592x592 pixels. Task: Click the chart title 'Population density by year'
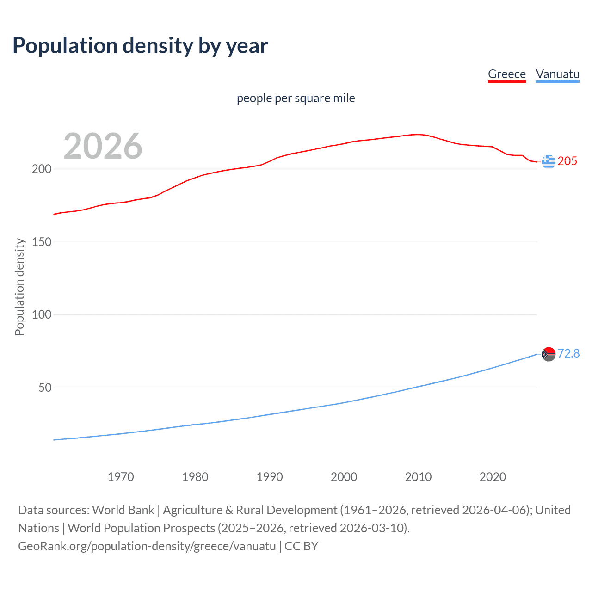[x=140, y=46]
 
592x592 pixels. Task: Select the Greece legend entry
[x=507, y=74]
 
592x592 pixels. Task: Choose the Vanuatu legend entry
[x=557, y=74]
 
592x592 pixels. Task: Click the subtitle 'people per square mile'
[x=296, y=98]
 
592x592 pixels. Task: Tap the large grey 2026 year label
[x=103, y=146]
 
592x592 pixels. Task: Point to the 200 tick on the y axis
[x=42, y=169]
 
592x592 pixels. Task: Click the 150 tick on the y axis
[x=42, y=242]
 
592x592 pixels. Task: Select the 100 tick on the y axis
[x=42, y=315]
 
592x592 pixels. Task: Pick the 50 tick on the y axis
[x=45, y=388]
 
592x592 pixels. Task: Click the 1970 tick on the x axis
[x=121, y=477]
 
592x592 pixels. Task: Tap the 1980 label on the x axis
[x=195, y=477]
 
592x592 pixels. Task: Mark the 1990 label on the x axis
[x=270, y=477]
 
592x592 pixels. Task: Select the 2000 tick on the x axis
[x=344, y=477]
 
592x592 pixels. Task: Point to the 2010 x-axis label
[x=418, y=477]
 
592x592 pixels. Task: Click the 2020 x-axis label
[x=493, y=477]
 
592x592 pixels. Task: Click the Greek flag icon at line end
[x=549, y=161]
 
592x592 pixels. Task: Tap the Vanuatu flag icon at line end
[x=549, y=354]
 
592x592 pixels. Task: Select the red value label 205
[x=567, y=161]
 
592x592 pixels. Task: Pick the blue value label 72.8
[x=568, y=353]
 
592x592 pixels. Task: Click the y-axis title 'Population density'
[x=19, y=287]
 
